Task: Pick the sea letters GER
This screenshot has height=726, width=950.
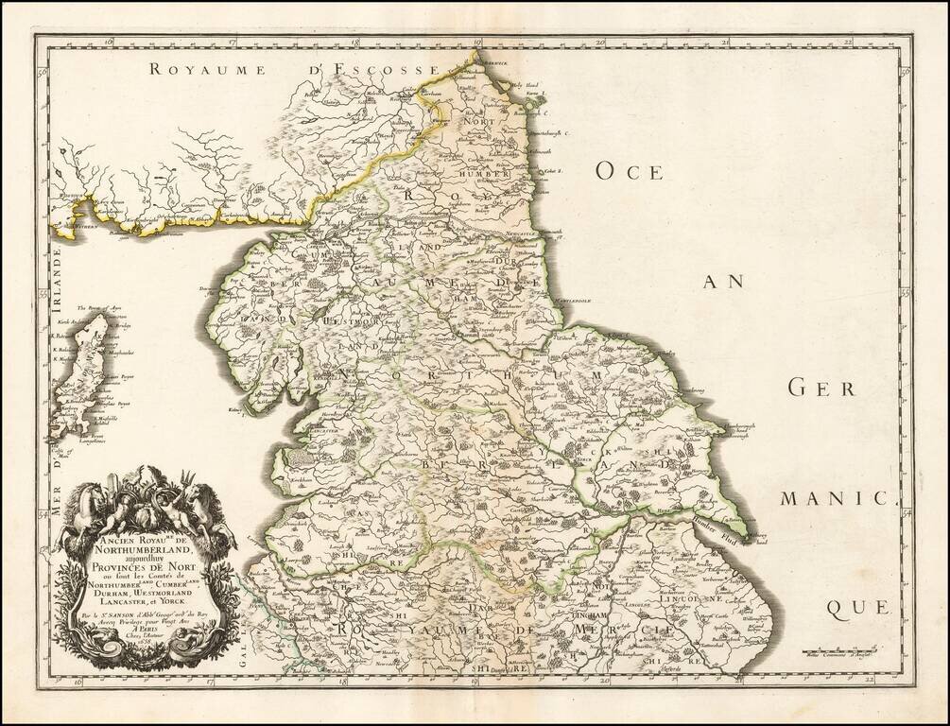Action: point(815,388)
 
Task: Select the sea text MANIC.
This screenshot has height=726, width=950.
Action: point(837,497)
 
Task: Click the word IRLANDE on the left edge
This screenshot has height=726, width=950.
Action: point(60,275)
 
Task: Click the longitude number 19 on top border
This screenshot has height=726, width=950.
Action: point(478,42)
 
